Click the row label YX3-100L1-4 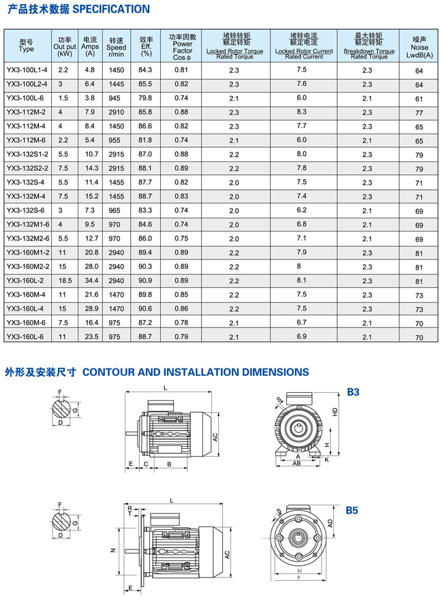(x=27, y=70)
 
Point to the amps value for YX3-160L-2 (x=90, y=281)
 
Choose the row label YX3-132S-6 (x=25, y=210)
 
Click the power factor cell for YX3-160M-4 (x=181, y=295)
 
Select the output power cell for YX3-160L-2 (x=65, y=281)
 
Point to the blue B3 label (x=353, y=392)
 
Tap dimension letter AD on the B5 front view (x=331, y=524)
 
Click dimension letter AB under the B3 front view (x=297, y=463)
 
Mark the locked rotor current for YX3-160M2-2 (x=302, y=266)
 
